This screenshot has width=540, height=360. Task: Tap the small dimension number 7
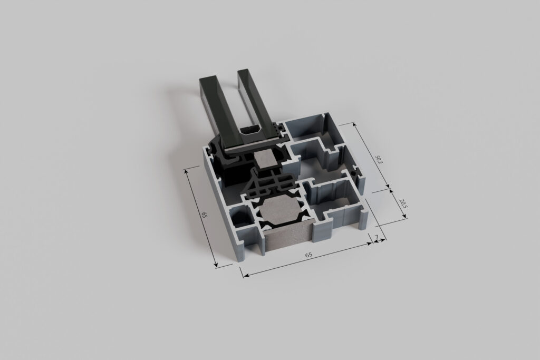pyautogui.click(x=377, y=237)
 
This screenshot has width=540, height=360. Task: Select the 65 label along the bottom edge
pyautogui.click(x=308, y=255)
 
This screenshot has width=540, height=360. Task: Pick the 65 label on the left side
pyautogui.click(x=204, y=215)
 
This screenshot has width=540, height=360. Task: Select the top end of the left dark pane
pyautogui.click(x=210, y=80)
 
